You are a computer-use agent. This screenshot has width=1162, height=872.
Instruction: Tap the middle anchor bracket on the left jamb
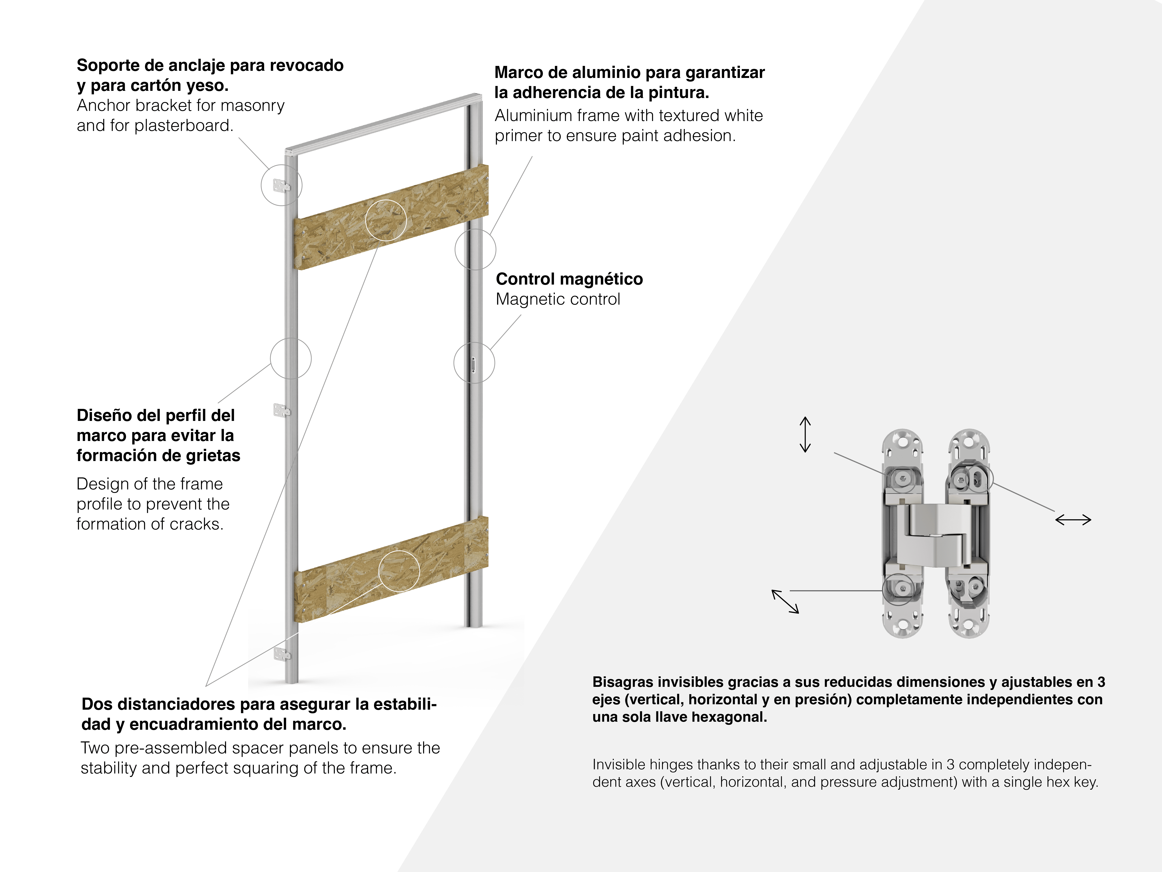[281, 410]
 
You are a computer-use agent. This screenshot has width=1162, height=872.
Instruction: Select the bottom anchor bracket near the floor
[282, 654]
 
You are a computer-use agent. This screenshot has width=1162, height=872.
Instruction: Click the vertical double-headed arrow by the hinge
[805, 435]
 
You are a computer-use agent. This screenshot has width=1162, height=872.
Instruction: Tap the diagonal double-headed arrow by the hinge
[785, 601]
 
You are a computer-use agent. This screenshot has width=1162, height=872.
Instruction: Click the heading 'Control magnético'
[569, 279]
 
